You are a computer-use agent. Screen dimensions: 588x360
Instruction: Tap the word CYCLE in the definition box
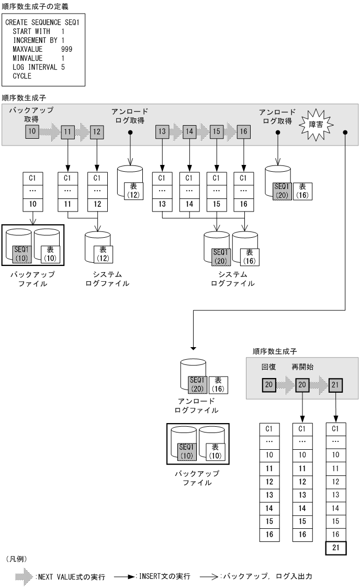coord(22,76)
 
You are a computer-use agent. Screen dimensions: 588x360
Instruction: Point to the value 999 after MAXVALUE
coord(66,50)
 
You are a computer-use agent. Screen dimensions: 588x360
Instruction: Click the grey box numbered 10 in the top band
coord(32,132)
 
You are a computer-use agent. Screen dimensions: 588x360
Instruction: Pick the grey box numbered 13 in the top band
coord(162,132)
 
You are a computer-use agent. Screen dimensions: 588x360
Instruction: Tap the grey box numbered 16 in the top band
coord(243,132)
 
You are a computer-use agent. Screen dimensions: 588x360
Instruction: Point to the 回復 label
coord(268,368)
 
